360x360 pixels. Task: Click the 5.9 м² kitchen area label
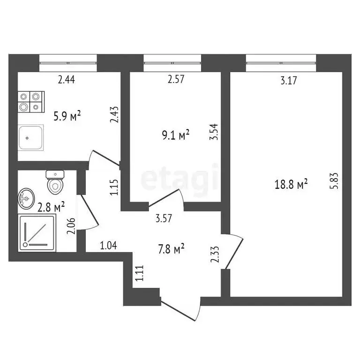67,116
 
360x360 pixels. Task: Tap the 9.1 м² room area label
176,135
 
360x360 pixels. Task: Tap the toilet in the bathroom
55,182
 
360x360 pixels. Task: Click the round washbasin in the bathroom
26,198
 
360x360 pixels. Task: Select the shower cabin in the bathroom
37,232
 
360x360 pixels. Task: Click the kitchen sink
31,137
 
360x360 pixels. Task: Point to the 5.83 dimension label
334,181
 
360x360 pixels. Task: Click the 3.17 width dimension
289,81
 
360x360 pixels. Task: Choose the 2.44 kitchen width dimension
67,80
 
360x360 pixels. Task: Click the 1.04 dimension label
108,244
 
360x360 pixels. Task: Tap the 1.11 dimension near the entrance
138,272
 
